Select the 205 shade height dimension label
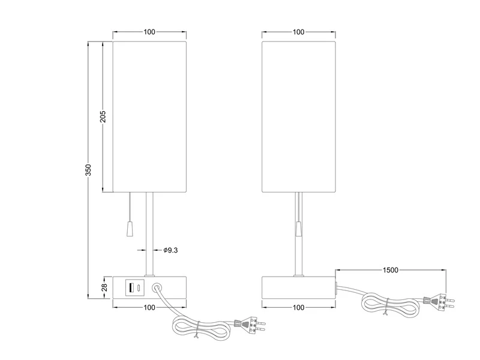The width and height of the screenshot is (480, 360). (103, 116)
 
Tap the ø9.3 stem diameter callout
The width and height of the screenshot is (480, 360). (170, 250)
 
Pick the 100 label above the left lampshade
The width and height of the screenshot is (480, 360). (149, 32)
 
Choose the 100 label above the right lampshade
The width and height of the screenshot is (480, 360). (298, 32)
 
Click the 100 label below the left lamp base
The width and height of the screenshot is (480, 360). (149, 307)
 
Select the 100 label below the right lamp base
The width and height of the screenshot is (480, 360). (298, 307)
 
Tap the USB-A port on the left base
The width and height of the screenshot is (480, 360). (130, 287)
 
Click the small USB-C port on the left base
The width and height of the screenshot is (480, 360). (139, 287)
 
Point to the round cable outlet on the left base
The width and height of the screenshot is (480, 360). (159, 287)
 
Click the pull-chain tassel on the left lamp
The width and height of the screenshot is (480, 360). (130, 228)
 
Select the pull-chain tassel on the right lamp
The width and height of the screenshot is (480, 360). (298, 229)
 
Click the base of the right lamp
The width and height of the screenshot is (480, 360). (298, 287)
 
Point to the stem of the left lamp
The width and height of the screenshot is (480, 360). (149, 234)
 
